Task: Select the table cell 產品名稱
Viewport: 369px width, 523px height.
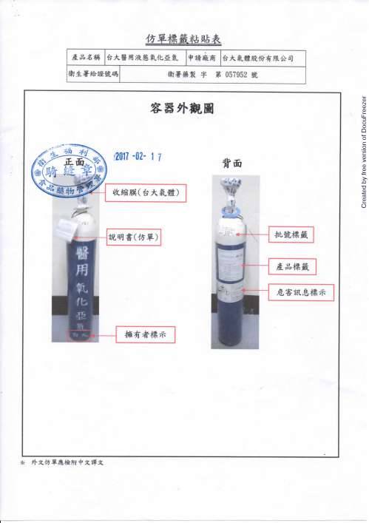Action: (x=87, y=58)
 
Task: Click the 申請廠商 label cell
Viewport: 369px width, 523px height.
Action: (x=202, y=58)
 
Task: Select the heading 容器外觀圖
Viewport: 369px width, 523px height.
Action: (x=181, y=109)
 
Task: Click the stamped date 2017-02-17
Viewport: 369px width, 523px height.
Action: (x=138, y=156)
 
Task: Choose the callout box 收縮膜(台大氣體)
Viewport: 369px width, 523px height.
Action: (x=144, y=192)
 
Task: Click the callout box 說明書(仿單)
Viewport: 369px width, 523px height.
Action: (x=135, y=237)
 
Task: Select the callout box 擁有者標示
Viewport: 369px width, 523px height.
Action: (x=143, y=334)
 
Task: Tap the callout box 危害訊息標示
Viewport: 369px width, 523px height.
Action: (x=299, y=293)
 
